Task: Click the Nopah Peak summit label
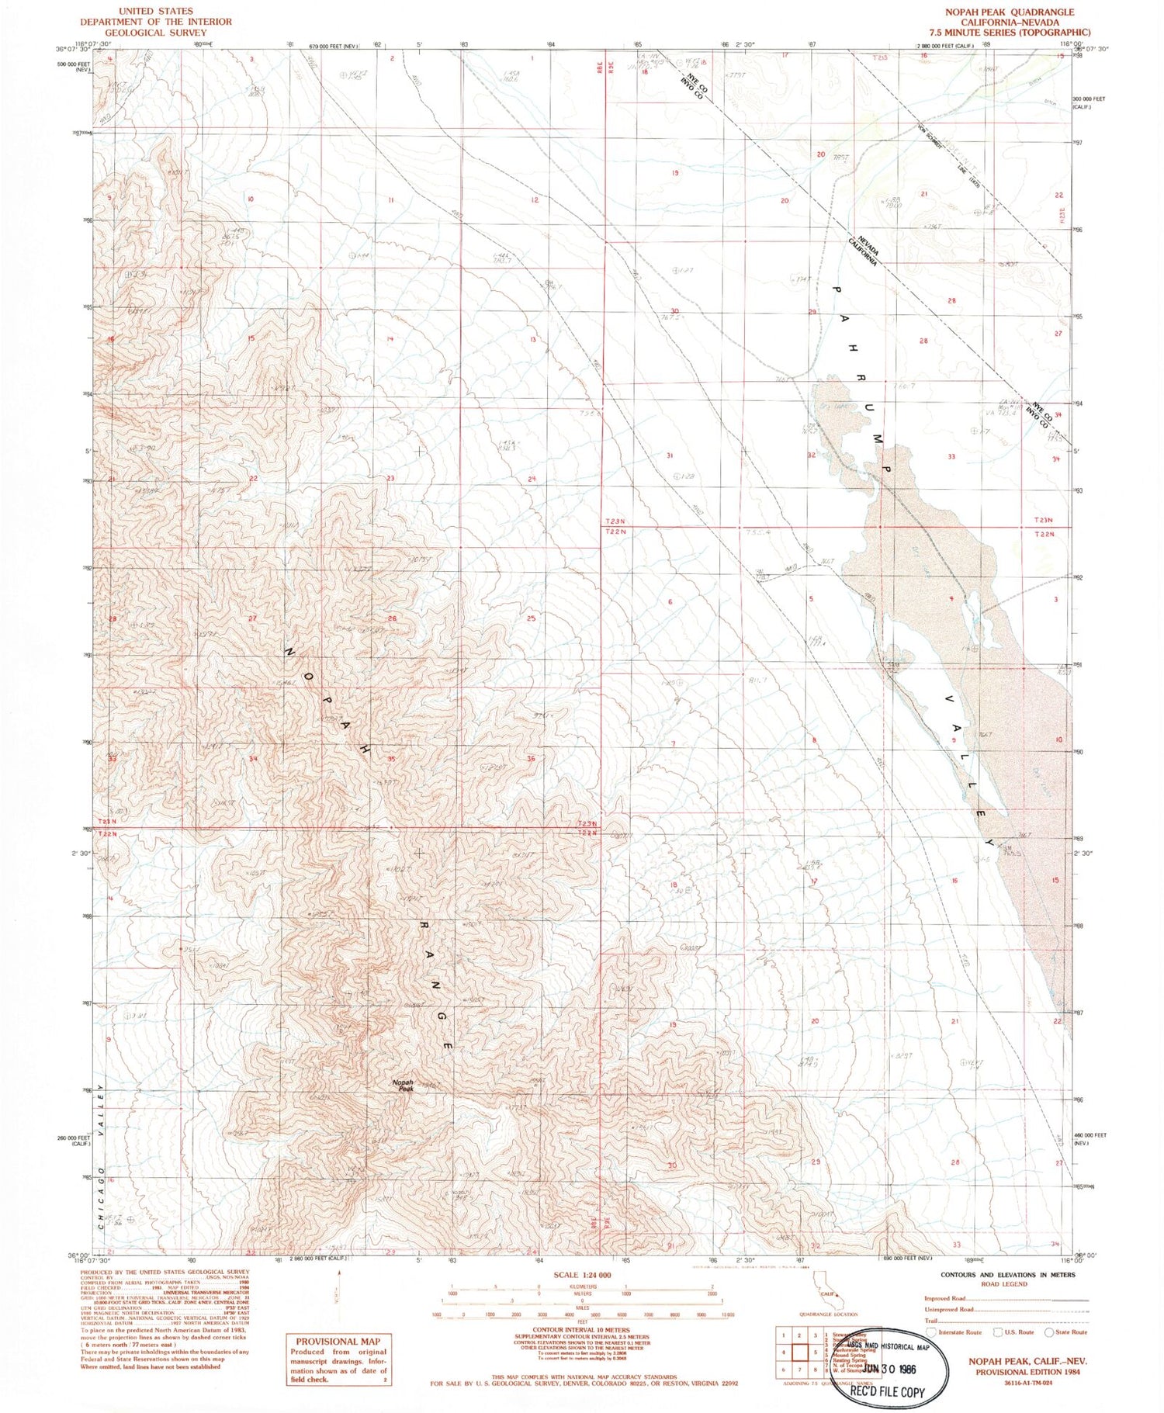tap(403, 1086)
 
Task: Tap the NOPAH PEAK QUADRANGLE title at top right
tap(1009, 12)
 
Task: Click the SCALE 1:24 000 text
tap(582, 1275)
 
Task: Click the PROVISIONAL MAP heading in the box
tap(338, 1341)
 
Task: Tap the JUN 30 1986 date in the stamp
tap(893, 1369)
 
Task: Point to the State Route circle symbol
tap(1049, 1332)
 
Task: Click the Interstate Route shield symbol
tap(931, 1332)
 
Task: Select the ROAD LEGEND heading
tap(1004, 1284)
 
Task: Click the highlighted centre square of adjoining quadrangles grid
tap(799, 1352)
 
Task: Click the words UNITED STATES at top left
tap(156, 12)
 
